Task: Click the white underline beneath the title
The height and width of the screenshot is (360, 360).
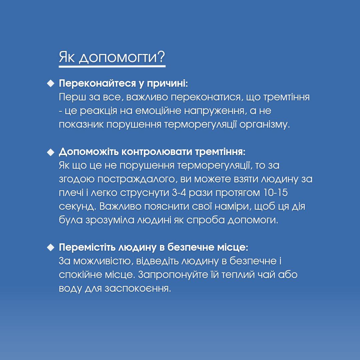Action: [112, 66]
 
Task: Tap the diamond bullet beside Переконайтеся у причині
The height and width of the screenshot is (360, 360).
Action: [50, 83]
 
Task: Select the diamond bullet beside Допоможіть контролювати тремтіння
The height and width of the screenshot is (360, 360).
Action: [50, 152]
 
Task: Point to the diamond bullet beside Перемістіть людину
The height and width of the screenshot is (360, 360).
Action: [50, 247]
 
